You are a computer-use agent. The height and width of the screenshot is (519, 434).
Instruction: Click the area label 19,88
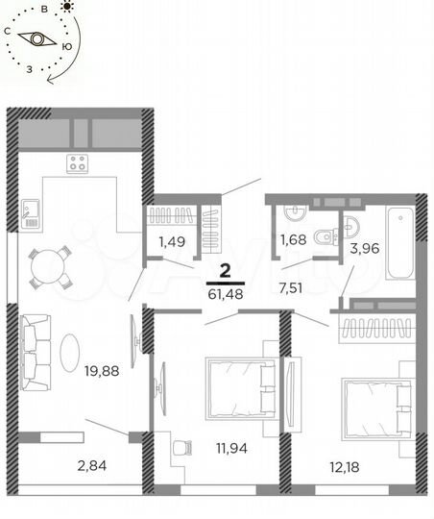[x=103, y=370]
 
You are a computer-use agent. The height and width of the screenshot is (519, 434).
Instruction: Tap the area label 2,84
[x=91, y=467]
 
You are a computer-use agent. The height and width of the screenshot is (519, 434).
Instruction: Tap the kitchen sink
[x=30, y=211]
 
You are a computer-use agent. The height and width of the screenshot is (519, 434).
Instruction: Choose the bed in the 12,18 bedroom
[x=375, y=407]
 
